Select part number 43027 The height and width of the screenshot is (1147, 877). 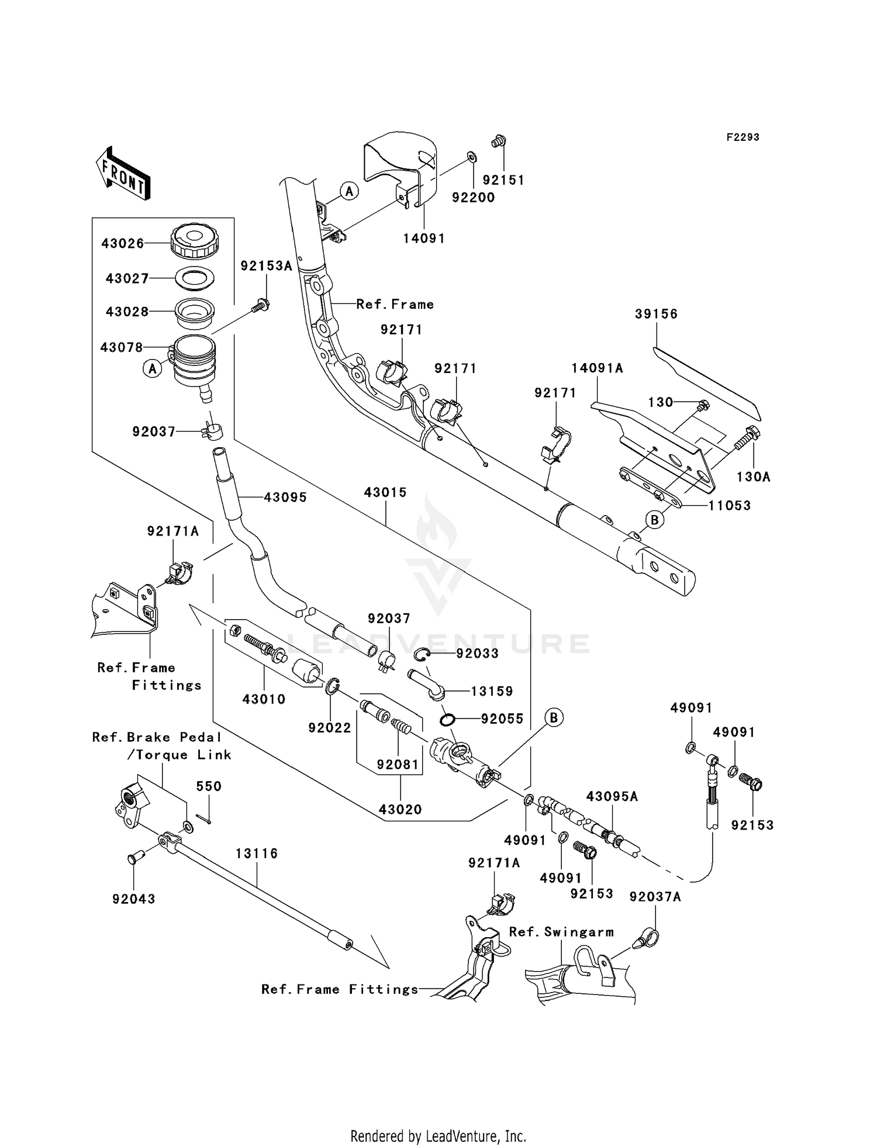(126, 279)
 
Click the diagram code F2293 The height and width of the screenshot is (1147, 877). (743, 137)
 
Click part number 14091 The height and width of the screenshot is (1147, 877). (424, 239)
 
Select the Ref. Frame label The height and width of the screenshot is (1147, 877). (395, 305)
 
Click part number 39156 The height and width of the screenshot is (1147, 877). (656, 315)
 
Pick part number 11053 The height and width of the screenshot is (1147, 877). (729, 506)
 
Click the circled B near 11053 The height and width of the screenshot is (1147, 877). (655, 519)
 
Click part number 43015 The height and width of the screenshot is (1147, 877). (385, 493)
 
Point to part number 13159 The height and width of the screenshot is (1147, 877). (492, 692)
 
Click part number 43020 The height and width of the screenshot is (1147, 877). (400, 810)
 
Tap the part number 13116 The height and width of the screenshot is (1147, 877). (257, 854)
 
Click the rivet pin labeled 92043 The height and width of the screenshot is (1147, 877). (133, 858)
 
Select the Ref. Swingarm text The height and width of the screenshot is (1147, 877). (561, 932)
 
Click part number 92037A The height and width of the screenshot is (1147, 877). (655, 897)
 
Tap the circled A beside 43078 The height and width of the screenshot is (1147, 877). (153, 368)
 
